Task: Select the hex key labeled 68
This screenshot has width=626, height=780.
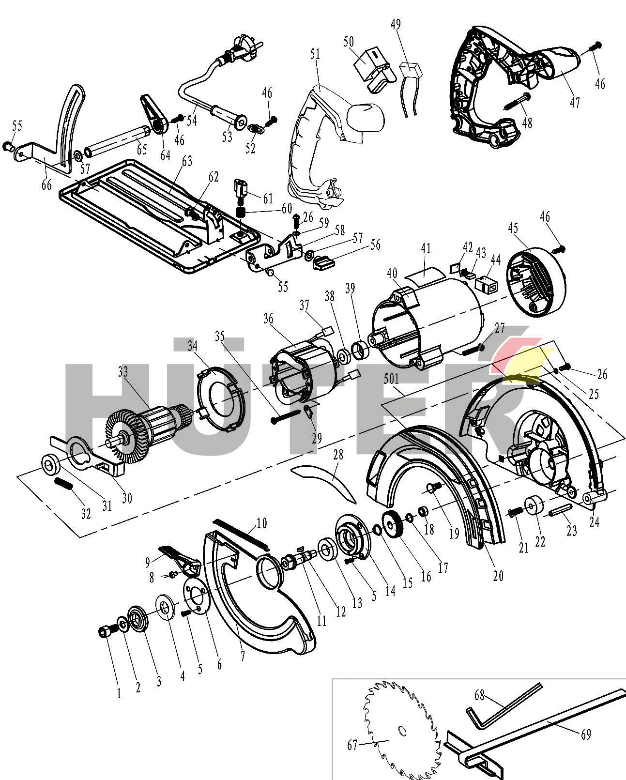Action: (x=504, y=704)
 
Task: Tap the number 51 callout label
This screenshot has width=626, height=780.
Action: (x=315, y=54)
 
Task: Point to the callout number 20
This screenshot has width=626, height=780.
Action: (x=498, y=575)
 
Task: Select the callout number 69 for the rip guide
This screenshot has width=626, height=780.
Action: (x=585, y=734)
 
